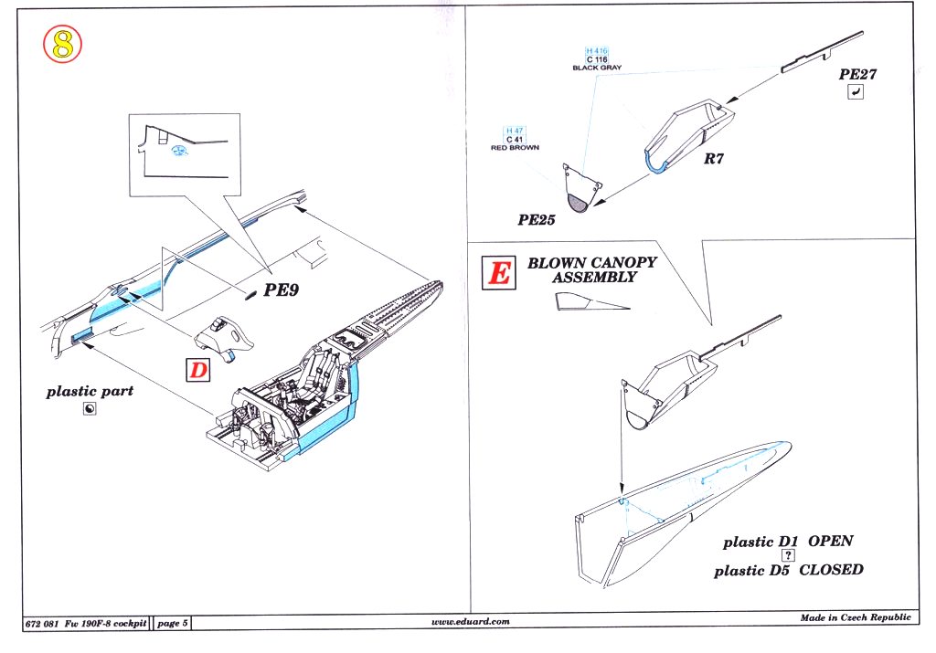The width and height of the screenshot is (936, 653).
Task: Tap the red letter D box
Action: click(198, 370)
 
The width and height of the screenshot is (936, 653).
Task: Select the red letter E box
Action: click(499, 271)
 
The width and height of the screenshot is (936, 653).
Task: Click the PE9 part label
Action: click(283, 292)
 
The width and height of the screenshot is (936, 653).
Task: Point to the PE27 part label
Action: click(858, 74)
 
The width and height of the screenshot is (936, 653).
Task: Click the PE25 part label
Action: click(537, 220)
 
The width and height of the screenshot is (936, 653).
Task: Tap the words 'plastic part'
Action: click(90, 391)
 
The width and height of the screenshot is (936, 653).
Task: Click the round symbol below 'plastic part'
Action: click(89, 410)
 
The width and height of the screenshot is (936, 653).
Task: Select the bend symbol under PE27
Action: click(855, 93)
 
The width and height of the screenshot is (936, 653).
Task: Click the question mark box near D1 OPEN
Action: click(788, 555)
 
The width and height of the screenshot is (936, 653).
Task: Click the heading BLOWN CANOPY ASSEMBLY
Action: click(591, 269)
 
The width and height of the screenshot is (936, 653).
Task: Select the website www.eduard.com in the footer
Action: click(470, 621)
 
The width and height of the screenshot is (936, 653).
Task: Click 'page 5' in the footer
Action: click(173, 623)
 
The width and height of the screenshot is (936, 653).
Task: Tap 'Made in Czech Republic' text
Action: click(856, 618)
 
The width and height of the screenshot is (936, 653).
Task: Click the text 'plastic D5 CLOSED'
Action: click(788, 570)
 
